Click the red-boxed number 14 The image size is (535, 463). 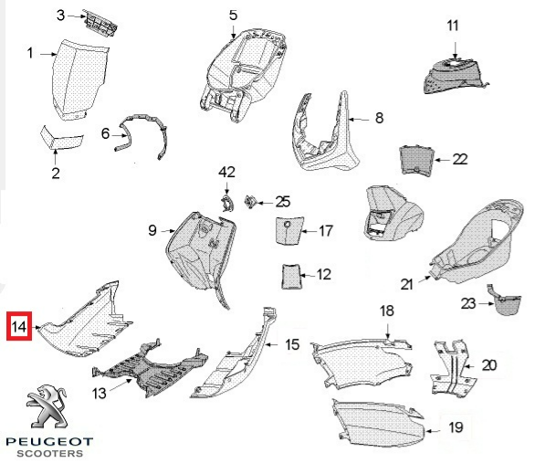click(x=19, y=326)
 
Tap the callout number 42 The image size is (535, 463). click(x=227, y=172)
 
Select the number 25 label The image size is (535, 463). click(x=283, y=202)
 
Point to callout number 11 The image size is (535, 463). click(x=453, y=26)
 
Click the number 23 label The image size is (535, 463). click(x=468, y=303)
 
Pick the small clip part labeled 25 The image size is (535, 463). click(x=250, y=201)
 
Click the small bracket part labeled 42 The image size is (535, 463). click(x=226, y=204)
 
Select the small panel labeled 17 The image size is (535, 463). click(x=288, y=230)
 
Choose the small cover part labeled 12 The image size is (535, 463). click(x=290, y=277)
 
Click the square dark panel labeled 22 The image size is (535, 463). click(x=417, y=160)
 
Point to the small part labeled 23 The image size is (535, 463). click(x=504, y=300)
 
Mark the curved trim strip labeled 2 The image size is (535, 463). click(x=61, y=138)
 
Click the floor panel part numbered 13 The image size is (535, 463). click(x=150, y=369)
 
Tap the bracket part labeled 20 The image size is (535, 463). click(x=453, y=366)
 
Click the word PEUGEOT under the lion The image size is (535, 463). click(x=49, y=442)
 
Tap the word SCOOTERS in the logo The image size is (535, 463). click(x=50, y=454)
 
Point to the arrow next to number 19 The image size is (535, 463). click(x=433, y=431)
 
